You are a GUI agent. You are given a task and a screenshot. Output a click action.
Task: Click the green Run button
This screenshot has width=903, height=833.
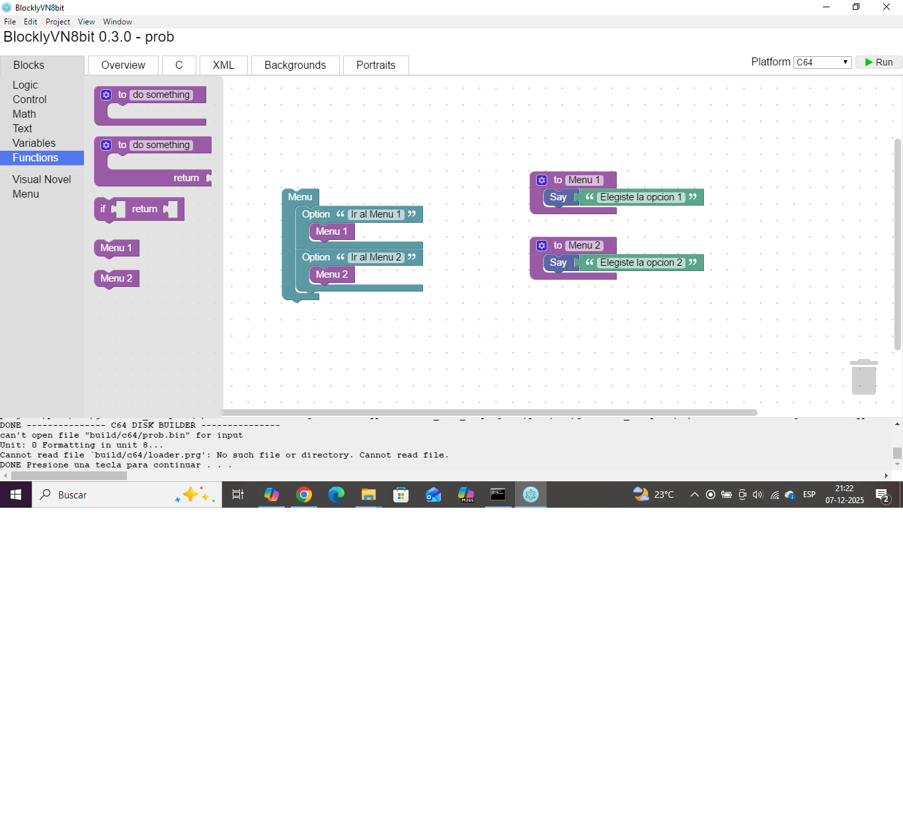(x=879, y=62)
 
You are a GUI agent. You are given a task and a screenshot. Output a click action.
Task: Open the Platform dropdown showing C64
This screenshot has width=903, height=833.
(x=822, y=62)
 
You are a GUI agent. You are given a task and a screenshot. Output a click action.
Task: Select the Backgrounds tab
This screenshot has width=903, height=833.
(x=295, y=65)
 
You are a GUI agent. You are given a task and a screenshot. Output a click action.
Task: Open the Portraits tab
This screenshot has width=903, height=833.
(x=375, y=65)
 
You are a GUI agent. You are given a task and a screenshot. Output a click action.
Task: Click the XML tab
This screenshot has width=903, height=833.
(x=223, y=65)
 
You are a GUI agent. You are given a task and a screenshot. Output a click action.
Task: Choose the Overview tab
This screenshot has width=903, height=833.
(x=123, y=65)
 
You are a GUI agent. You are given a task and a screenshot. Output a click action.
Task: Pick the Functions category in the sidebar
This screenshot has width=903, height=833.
(x=36, y=157)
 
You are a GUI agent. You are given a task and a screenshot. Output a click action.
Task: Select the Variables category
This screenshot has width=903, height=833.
(x=34, y=143)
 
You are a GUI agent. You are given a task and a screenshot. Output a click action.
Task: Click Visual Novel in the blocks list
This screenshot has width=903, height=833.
(x=42, y=179)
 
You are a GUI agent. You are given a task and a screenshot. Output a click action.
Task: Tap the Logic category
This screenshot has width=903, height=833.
(x=25, y=85)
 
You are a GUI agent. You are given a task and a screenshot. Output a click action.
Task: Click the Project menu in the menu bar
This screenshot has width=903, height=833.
(x=58, y=22)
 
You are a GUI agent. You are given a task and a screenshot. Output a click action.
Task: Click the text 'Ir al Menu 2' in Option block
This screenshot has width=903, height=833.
(x=375, y=257)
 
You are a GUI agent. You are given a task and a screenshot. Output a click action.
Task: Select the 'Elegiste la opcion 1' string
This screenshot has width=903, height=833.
(x=641, y=197)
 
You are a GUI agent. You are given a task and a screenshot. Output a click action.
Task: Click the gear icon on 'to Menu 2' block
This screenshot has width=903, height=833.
(x=542, y=245)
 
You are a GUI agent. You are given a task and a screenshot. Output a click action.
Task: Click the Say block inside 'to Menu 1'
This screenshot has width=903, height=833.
(x=557, y=197)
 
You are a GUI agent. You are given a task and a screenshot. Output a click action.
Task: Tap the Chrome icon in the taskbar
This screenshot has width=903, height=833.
(x=304, y=495)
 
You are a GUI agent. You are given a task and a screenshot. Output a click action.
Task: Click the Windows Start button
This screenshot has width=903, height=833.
(x=16, y=495)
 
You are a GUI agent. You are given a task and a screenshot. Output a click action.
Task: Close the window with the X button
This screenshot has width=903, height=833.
(x=886, y=7)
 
